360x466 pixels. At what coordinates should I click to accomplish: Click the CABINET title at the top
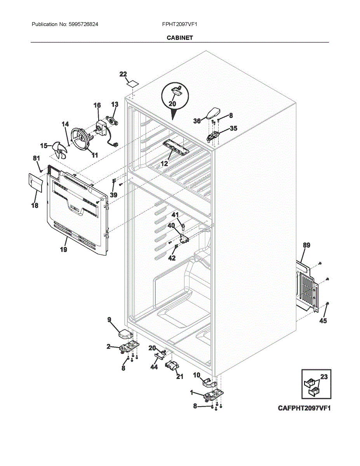point(179,38)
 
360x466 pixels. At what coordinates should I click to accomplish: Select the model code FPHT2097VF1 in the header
point(180,24)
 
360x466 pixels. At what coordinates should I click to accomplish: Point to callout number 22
point(123,74)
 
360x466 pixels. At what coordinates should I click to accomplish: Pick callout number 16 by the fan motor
point(97,105)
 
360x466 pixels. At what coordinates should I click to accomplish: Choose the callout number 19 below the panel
point(63,249)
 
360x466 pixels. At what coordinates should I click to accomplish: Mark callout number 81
point(36,158)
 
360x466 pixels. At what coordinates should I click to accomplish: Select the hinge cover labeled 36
point(212,113)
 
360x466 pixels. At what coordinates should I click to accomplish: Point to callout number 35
point(233,128)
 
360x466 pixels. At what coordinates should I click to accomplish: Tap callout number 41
point(175,215)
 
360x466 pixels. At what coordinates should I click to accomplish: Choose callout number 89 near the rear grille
point(306,245)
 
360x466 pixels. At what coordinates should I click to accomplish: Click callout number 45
point(323,321)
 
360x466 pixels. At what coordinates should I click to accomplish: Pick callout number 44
point(154,367)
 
